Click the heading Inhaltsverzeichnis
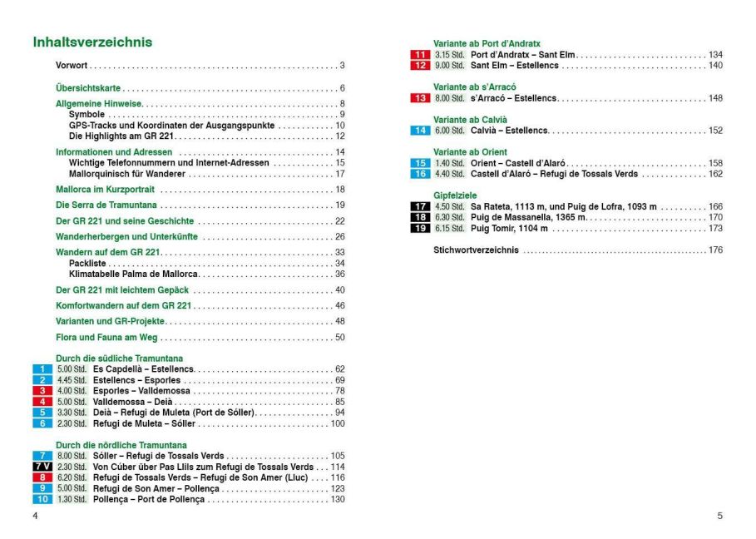(91, 42)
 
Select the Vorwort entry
(72, 66)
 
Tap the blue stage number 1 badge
(42, 368)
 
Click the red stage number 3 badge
(42, 390)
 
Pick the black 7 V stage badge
(42, 467)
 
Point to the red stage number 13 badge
(420, 98)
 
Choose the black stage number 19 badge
(420, 228)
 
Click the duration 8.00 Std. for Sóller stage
(72, 456)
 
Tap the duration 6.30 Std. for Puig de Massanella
(449, 217)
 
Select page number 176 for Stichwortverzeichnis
(715, 250)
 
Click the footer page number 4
(35, 516)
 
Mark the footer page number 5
(719, 516)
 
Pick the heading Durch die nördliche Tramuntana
(121, 445)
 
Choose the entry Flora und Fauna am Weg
(106, 337)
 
